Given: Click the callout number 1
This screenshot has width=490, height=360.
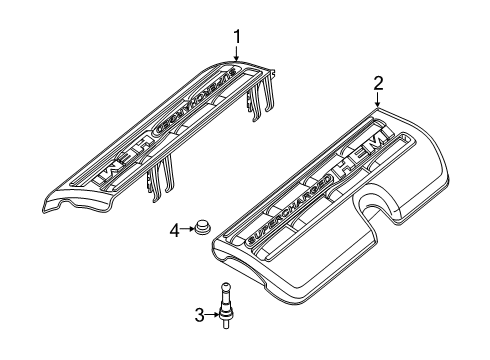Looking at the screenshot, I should pyautogui.click(x=237, y=37).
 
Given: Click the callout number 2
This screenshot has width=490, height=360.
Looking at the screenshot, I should pyautogui.click(x=378, y=83).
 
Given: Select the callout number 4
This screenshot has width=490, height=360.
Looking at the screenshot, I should pyautogui.click(x=174, y=231).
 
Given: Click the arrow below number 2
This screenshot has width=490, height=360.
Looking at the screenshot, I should pyautogui.click(x=378, y=102).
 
